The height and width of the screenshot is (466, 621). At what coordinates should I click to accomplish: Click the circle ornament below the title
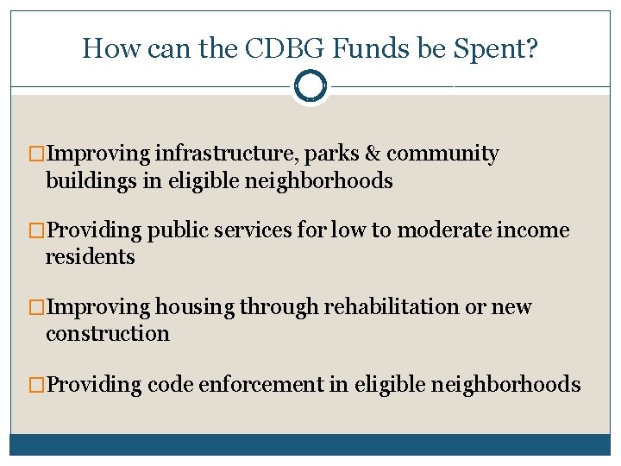pyautogui.click(x=310, y=86)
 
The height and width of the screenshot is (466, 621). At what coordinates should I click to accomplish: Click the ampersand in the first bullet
pyautogui.click(x=372, y=154)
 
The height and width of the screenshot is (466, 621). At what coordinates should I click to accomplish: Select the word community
pyautogui.click(x=442, y=155)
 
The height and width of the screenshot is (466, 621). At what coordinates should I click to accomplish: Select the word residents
pyautogui.click(x=90, y=257)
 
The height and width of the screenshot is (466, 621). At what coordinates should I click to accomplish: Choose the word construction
pyautogui.click(x=107, y=333)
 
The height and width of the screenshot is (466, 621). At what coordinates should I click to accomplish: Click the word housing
pyautogui.click(x=193, y=308)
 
